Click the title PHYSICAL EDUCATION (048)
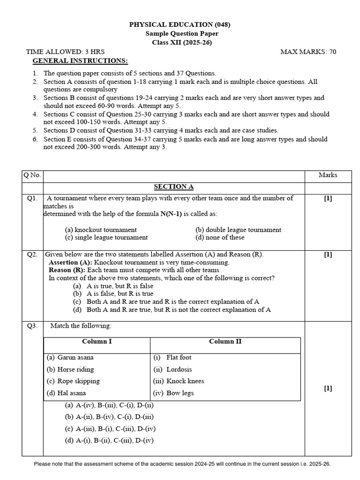tap(180, 24)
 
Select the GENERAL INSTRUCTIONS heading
tap(80, 61)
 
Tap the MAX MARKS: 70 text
tap(308, 52)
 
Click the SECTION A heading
tap(173, 187)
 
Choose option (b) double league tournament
tap(238, 230)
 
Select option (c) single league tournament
tap(106, 237)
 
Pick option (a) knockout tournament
tap(101, 230)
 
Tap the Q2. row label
tap(32, 255)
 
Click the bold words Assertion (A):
tap(70, 262)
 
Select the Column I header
tap(97, 341)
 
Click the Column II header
tap(225, 341)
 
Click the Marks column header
tap(328, 175)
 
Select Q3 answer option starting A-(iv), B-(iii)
tap(109, 405)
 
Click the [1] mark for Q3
tap(328, 388)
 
